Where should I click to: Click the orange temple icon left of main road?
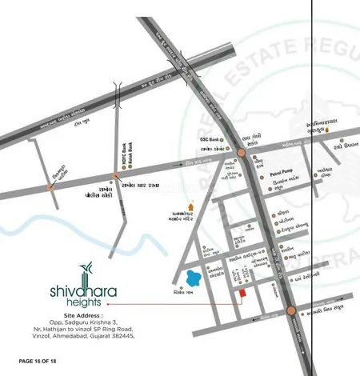[190, 206]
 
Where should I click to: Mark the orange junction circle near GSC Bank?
[242, 152]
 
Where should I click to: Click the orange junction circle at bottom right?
[291, 310]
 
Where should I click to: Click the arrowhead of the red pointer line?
[106, 305]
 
